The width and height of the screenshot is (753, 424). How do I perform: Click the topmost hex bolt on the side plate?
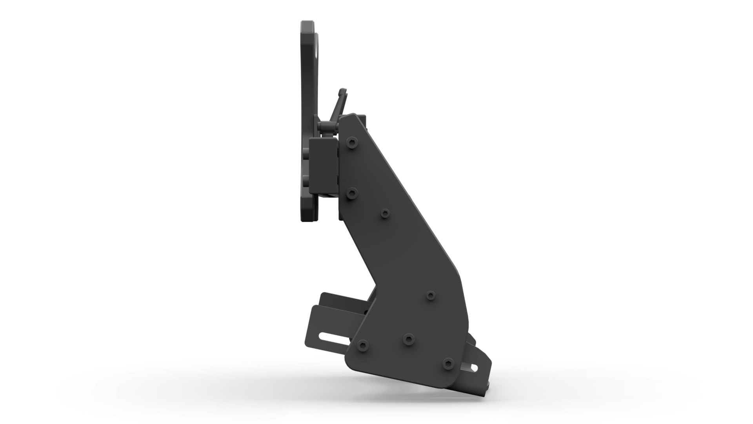pyautogui.click(x=352, y=143)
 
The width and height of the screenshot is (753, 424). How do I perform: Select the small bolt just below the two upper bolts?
pyautogui.click(x=385, y=213)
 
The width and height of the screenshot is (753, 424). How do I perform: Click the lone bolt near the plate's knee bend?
pyautogui.click(x=431, y=295)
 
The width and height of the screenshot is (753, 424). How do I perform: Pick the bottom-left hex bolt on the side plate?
pyautogui.click(x=363, y=346)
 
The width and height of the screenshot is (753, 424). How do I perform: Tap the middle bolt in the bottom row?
pyautogui.click(x=408, y=338)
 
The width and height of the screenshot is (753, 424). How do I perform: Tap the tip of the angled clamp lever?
pyautogui.click(x=342, y=91)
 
